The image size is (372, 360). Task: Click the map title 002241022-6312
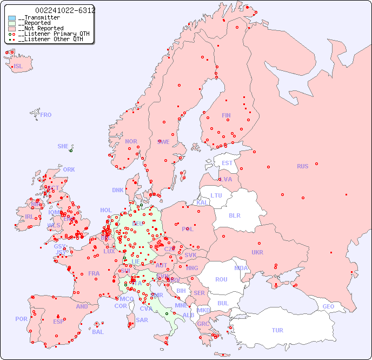[x=65, y=10]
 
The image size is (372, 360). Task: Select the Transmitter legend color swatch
[x=12, y=18]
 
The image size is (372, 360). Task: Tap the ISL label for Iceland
[x=18, y=67]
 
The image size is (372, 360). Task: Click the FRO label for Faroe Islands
[x=46, y=115]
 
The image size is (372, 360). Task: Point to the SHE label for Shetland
[x=63, y=146]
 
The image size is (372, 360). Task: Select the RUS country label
[x=302, y=166]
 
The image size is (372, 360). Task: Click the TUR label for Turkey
[x=277, y=330]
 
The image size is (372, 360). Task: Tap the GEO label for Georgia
[x=328, y=306]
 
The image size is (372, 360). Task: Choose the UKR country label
[x=257, y=252]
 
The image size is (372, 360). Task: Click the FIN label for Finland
[x=226, y=115]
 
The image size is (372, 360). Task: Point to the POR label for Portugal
[x=21, y=319]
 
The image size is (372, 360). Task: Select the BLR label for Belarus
[x=235, y=215]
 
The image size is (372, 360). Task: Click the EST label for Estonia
[x=227, y=163]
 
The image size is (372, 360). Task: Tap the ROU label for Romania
[x=221, y=279]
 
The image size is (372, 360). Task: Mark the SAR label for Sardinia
[x=142, y=320]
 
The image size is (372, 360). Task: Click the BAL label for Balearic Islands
[x=97, y=332]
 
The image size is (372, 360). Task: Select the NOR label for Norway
[x=131, y=141]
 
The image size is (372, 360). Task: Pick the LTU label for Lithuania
[x=216, y=195]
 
